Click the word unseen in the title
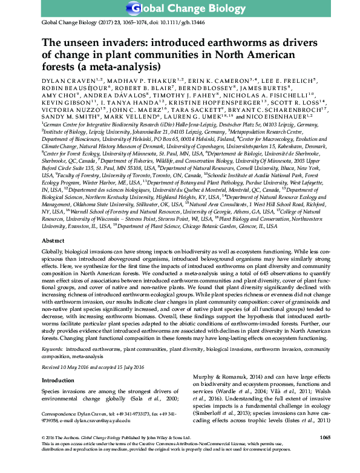pos(77,43)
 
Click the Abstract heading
pos(53,257)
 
